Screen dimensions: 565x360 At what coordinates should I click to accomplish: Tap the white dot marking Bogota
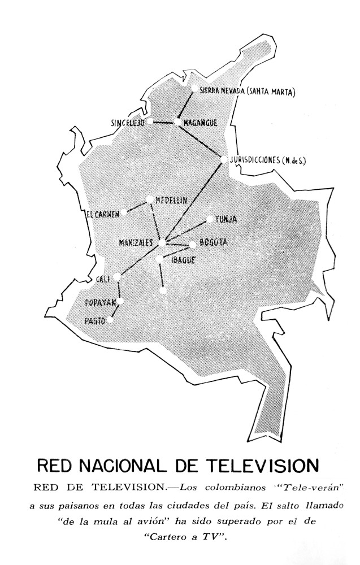coord(193,245)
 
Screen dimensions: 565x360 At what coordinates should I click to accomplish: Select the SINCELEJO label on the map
coord(128,123)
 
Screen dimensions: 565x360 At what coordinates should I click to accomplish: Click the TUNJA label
coord(226,219)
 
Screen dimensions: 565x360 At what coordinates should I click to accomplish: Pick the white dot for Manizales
coord(162,244)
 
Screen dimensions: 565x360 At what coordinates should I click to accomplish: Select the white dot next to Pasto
coord(110,320)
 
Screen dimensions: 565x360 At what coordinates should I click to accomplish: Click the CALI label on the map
coord(103,279)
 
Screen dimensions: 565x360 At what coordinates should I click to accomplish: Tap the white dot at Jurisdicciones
coord(224,159)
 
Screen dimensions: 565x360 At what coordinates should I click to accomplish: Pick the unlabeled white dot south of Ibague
coord(163,292)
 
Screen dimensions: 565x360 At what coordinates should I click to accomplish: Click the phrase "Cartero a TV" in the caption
coord(180,537)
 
